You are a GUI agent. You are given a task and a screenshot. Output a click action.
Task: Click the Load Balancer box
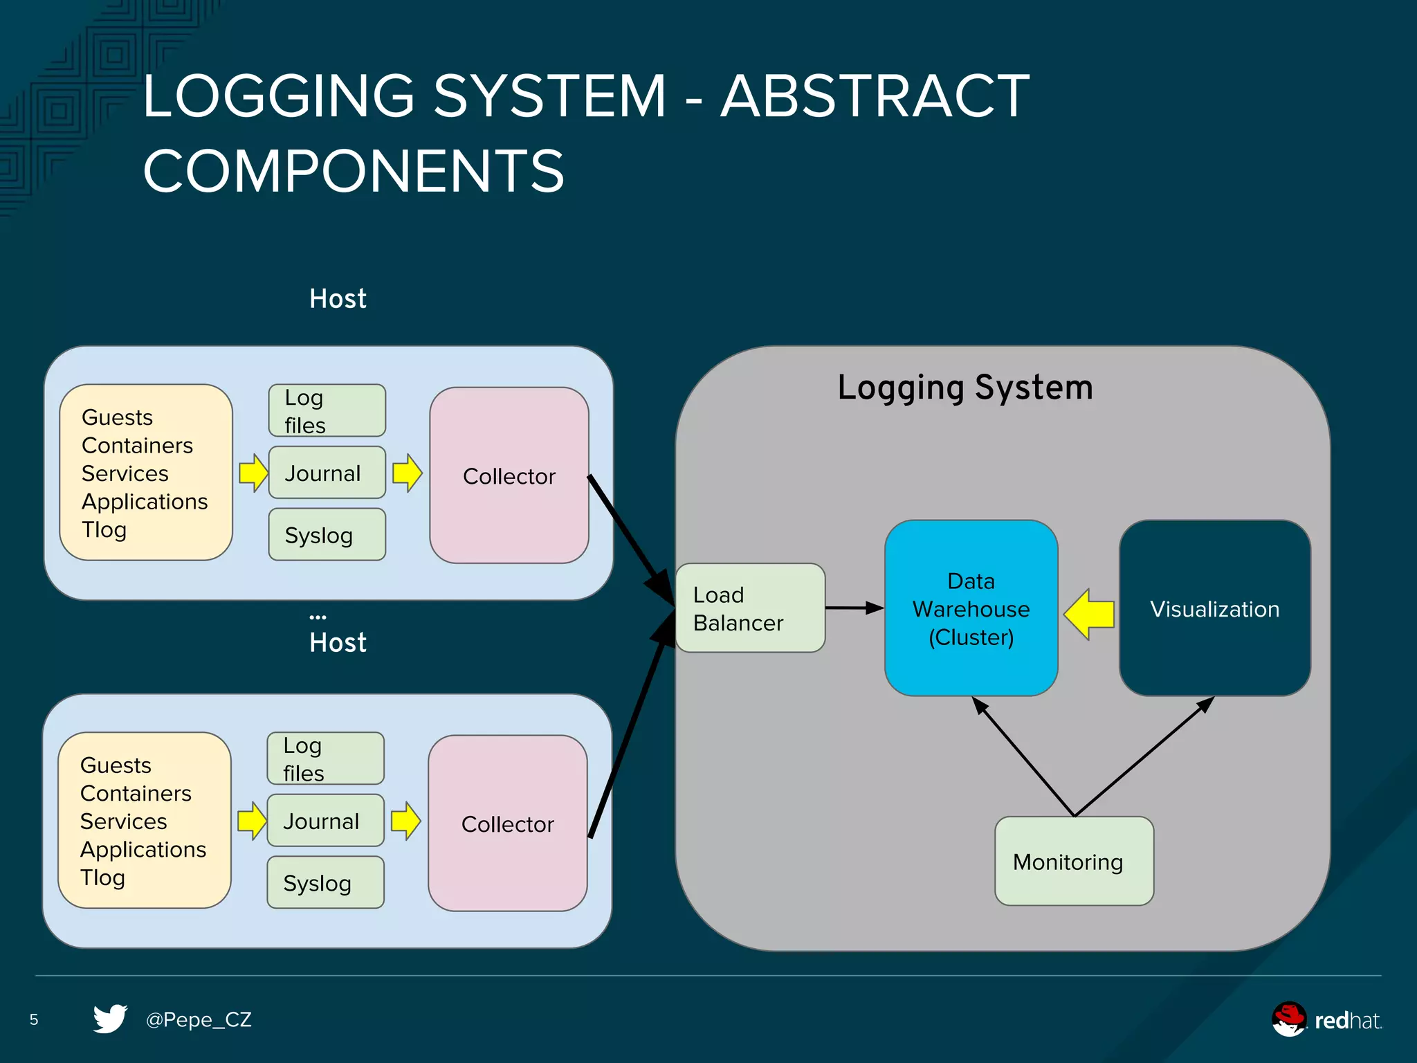click(750, 608)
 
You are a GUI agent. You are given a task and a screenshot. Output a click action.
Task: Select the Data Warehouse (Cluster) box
click(971, 608)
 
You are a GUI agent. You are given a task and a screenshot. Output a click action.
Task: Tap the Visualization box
click(1214, 608)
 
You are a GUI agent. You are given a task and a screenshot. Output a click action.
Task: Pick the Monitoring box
click(1074, 861)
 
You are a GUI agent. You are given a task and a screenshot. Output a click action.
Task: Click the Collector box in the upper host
click(509, 475)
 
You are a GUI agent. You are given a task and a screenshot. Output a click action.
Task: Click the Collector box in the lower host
click(507, 823)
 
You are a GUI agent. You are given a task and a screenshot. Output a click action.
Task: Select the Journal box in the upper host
click(327, 473)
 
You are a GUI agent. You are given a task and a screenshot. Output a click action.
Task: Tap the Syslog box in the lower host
click(325, 882)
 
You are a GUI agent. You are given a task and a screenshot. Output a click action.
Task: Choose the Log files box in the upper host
click(327, 410)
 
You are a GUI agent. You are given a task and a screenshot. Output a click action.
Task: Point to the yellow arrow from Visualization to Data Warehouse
click(1090, 614)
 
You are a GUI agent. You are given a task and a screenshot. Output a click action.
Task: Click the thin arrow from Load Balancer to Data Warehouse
click(854, 608)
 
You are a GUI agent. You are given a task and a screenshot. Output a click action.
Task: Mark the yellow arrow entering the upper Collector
click(408, 473)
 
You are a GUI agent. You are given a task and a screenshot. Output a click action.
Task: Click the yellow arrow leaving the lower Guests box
click(252, 821)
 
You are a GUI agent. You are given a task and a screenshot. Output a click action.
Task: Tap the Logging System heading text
click(965, 388)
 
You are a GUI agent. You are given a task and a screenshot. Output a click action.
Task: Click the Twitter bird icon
click(110, 1018)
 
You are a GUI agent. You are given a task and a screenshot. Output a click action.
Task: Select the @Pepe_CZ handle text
click(199, 1019)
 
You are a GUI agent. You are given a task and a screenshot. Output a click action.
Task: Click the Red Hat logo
click(1326, 1019)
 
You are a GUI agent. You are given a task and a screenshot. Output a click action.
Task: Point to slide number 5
click(34, 1019)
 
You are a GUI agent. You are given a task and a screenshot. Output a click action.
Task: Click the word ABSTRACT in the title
click(875, 96)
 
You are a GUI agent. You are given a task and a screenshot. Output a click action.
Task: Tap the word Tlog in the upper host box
click(104, 529)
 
